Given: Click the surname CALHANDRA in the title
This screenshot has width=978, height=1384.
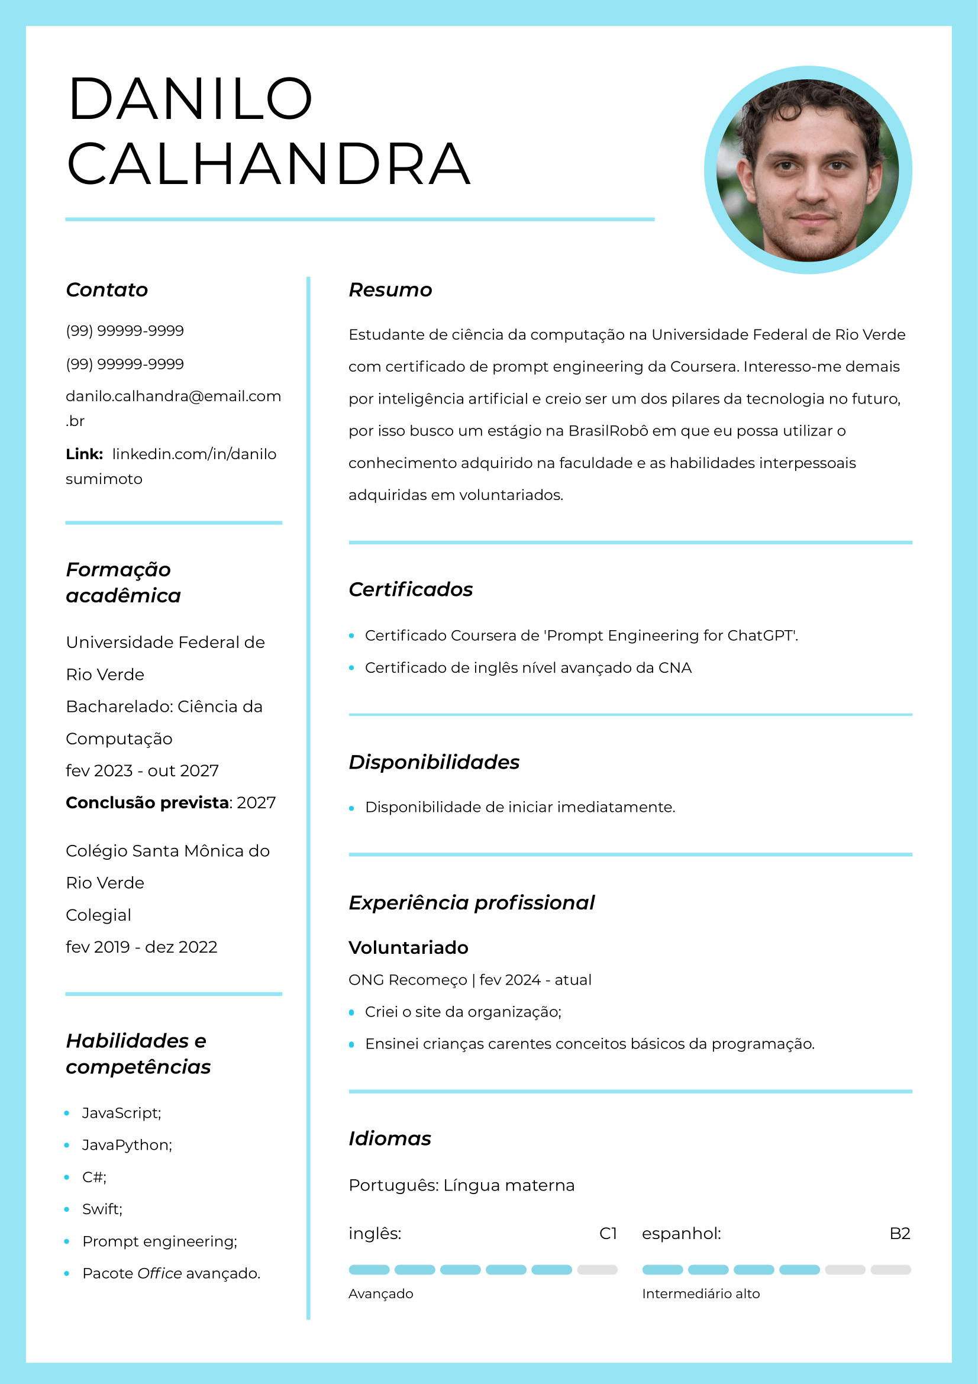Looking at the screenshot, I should pos(268,164).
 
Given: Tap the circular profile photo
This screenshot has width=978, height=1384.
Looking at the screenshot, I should pos(808,170).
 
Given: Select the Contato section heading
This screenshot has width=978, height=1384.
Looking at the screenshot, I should pos(106,290).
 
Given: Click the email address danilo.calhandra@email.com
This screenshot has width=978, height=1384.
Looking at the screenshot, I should pos(173,396).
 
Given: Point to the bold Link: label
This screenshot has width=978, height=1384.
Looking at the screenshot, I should pos(85,454).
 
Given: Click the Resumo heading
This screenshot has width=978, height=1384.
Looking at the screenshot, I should pos(390,290).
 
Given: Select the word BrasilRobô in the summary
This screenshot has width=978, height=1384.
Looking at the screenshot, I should pos(609,431).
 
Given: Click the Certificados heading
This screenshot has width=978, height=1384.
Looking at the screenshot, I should pos(411,589).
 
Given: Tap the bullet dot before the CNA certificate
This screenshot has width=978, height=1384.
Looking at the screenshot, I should pos(352,668).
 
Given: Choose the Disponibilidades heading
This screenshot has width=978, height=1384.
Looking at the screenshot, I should pos(434,762).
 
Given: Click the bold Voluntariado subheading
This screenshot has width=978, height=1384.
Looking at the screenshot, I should pos(408,947).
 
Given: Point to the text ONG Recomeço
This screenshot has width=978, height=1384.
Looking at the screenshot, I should pos(407,980).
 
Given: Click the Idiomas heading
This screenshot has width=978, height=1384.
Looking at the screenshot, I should pos(390,1138).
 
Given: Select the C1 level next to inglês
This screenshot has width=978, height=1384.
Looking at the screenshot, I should pos(608,1234).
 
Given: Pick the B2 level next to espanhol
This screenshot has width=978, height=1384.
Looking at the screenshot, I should pos(899,1234).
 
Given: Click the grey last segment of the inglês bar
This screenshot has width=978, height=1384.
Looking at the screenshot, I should pos(596,1269).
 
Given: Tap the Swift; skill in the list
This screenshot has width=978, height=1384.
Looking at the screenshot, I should pos(102,1209).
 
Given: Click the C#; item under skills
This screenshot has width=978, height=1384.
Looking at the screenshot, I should pos(94,1177).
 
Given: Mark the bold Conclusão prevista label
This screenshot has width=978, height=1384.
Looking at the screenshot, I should pos(147,803).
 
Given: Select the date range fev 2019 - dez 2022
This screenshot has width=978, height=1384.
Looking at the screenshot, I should pos(141,947).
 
